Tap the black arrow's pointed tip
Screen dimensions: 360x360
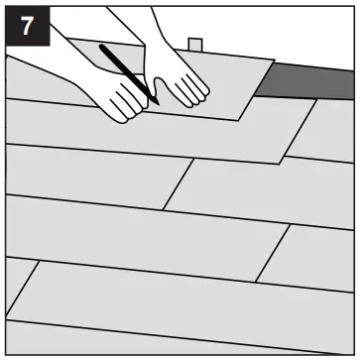pos(157,102)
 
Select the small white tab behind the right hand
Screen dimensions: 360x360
pos(196,46)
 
